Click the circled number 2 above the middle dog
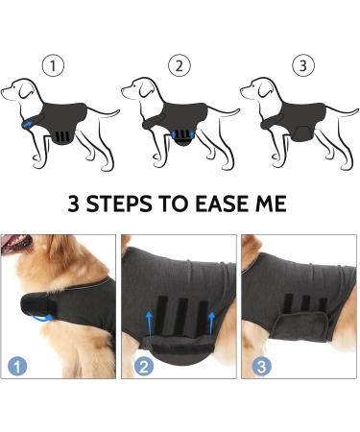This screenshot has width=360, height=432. point(177,66)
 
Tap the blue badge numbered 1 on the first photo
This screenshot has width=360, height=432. point(19,366)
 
